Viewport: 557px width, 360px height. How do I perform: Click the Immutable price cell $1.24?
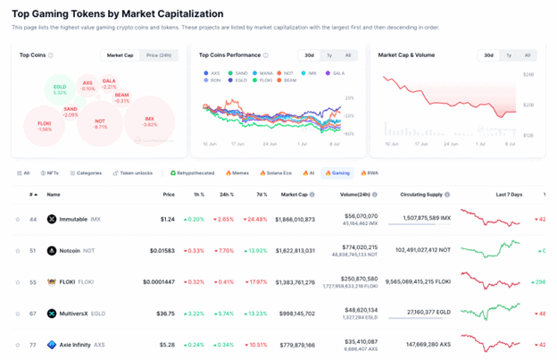point(168,219)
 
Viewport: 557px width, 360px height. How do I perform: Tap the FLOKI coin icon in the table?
point(52,282)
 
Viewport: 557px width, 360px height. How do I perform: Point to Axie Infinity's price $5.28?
point(166,344)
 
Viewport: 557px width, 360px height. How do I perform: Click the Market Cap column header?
point(295,194)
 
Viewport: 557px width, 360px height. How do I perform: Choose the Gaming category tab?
point(337,172)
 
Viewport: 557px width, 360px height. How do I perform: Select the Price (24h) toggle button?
point(159,55)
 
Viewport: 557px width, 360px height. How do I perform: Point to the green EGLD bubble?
point(60,90)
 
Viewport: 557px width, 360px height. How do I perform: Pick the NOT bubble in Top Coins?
point(100,124)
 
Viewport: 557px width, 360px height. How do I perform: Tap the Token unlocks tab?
point(133,172)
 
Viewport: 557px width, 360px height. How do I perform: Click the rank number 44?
point(33,219)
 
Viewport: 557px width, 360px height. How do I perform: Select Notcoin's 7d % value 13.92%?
point(258,251)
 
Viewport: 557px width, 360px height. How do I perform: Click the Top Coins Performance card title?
point(230,55)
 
